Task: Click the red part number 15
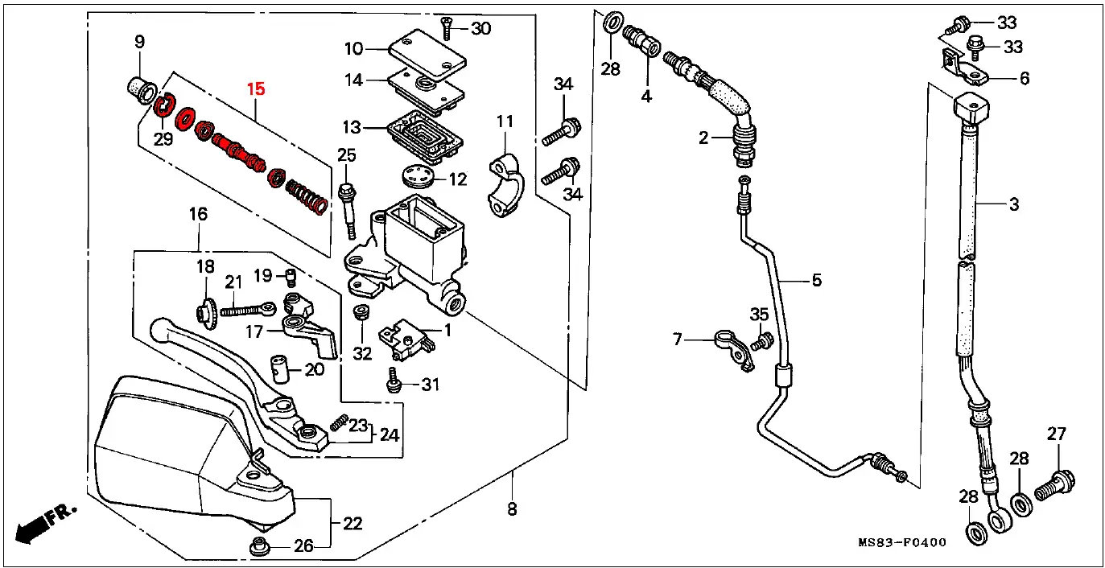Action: pos(256,89)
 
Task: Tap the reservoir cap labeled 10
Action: pos(427,54)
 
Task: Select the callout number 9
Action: pos(139,42)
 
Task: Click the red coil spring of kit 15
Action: pos(307,196)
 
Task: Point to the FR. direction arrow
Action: pos(45,523)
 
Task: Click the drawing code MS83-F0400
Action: pos(901,543)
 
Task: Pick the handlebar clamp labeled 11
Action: pos(505,185)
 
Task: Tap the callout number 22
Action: pos(353,523)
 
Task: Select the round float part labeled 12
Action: pos(418,177)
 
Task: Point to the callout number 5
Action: pos(816,280)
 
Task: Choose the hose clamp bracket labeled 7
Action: pos(734,350)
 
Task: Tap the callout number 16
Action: pos(198,214)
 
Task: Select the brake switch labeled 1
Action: pos(406,340)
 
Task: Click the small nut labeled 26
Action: pos(259,546)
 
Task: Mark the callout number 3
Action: pos(1014,204)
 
